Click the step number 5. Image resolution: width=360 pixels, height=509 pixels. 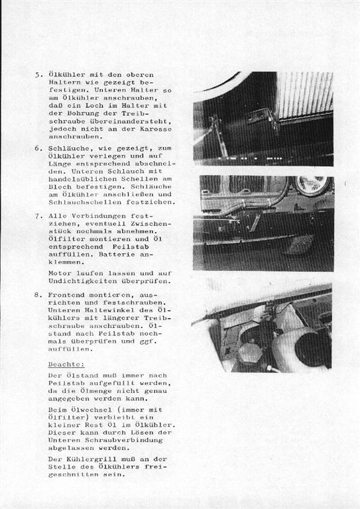click(x=38, y=75)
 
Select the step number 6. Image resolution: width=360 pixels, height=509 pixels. click(x=38, y=148)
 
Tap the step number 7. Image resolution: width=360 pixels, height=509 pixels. click(x=38, y=216)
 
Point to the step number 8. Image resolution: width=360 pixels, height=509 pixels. click(x=38, y=295)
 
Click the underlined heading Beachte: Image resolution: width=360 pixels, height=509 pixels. click(x=66, y=365)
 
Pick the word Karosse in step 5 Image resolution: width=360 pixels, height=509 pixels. click(x=156, y=129)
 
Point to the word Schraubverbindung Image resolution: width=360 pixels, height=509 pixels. click(x=124, y=440)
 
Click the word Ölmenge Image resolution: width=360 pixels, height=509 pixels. click(x=96, y=391)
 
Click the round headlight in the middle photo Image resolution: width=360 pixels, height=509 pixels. click(x=312, y=186)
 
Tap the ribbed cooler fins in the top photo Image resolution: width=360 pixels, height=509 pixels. click(x=305, y=95)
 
